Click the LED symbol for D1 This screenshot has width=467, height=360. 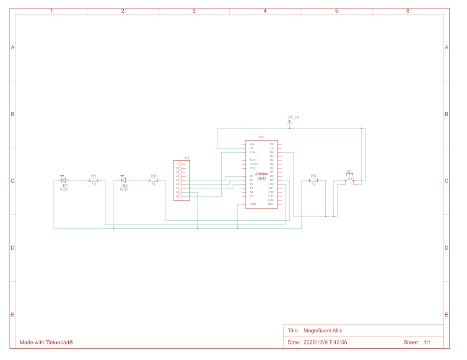click(63, 180)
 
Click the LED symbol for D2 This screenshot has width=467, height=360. click(123, 180)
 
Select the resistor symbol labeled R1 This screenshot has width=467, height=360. click(93, 180)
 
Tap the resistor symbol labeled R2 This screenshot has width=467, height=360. click(154, 180)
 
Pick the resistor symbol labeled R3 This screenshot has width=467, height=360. click(314, 180)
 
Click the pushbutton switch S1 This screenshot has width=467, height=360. click(349, 179)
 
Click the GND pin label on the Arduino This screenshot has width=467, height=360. click(252, 204)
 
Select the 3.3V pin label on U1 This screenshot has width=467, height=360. click(252, 152)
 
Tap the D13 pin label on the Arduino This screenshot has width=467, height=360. click(271, 196)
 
